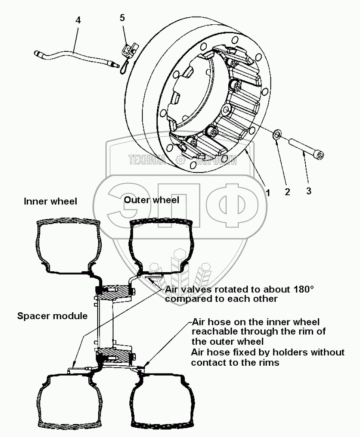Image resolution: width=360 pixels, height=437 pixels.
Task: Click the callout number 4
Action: click(78, 20)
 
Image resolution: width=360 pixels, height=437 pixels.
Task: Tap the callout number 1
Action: click(267, 193)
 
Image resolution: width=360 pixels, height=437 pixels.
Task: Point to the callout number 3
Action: click(309, 191)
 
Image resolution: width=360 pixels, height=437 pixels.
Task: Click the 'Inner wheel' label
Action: click(50, 201)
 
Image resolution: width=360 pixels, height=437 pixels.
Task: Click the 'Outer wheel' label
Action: click(152, 200)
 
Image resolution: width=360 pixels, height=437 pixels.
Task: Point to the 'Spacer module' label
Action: click(52, 316)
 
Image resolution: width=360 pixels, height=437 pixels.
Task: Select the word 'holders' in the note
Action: click(291, 352)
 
